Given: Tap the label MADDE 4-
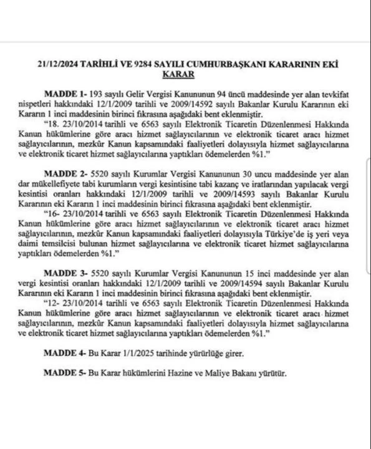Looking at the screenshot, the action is coord(65,352).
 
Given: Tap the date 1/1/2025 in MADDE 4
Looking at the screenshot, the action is coord(142,352).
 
